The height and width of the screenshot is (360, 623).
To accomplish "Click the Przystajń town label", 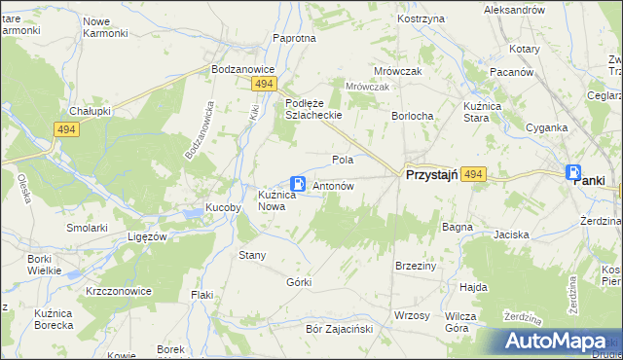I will [x=431, y=174].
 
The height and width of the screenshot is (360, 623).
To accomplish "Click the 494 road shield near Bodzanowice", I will [x=263, y=86].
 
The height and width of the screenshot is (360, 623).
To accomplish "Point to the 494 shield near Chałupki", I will [x=66, y=129].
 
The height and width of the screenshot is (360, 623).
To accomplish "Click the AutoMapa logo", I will [x=562, y=342].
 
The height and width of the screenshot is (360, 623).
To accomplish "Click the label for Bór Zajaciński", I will [x=340, y=329].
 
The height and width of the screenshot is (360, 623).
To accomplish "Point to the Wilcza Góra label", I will [x=460, y=322].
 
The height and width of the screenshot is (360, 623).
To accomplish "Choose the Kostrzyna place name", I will [x=421, y=18].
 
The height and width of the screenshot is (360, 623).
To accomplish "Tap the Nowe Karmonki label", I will [x=105, y=27].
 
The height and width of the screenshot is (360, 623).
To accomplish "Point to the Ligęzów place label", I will [x=149, y=236].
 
